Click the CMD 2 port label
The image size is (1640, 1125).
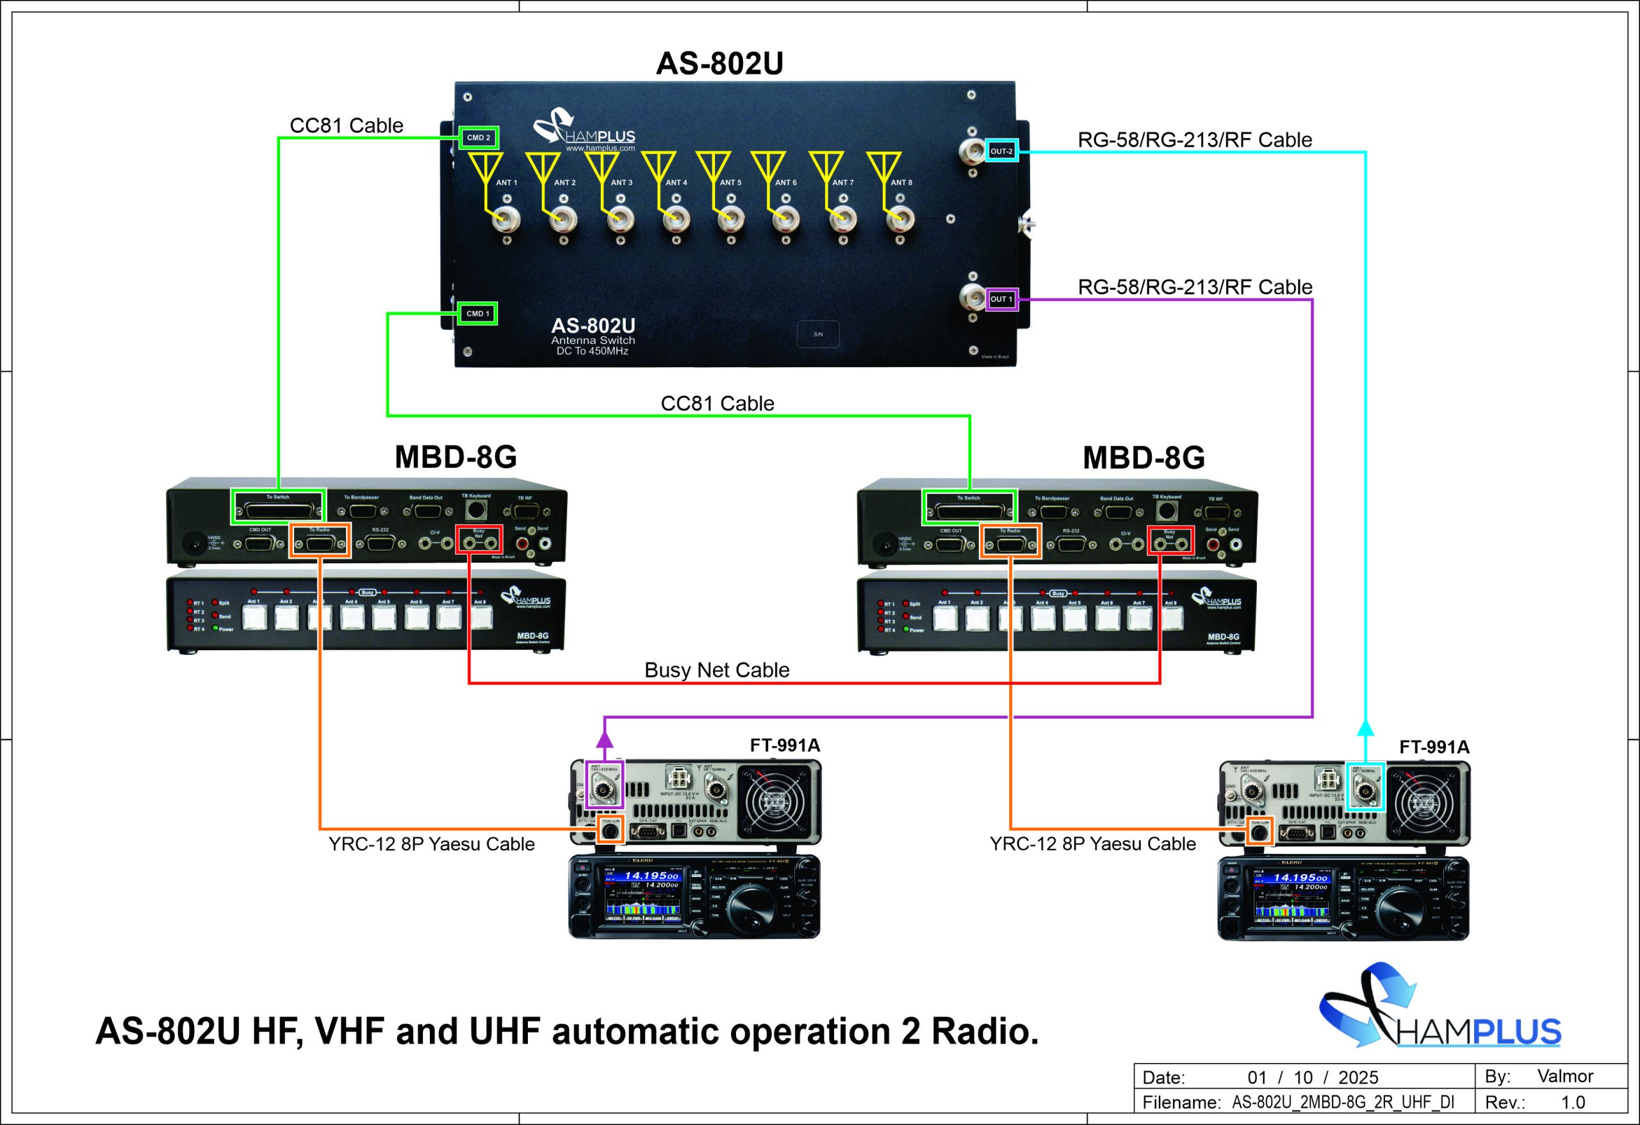click(479, 138)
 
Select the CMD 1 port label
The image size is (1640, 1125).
click(478, 313)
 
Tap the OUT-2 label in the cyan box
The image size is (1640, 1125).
click(1001, 151)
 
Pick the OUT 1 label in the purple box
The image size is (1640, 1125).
click(1001, 299)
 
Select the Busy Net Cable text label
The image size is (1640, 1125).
click(716, 669)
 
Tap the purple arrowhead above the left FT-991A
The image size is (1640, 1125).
click(605, 739)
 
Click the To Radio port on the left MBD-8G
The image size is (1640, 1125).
click(320, 543)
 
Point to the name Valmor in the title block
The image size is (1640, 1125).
click(1564, 1076)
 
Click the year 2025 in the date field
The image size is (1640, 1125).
click(1357, 1078)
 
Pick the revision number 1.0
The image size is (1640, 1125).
click(1573, 1103)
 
